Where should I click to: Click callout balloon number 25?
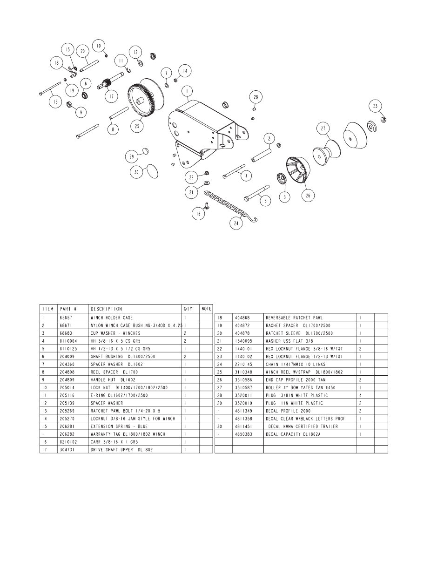click(x=137, y=126)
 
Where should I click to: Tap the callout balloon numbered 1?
click(x=187, y=90)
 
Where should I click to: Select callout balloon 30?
click(x=137, y=172)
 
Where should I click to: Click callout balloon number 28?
click(x=256, y=97)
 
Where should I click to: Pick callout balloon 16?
click(x=198, y=213)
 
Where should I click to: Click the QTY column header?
click(x=188, y=309)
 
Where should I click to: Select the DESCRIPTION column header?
click(x=106, y=309)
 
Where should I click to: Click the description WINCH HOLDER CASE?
click(x=112, y=318)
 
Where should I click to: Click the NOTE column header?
click(x=206, y=309)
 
